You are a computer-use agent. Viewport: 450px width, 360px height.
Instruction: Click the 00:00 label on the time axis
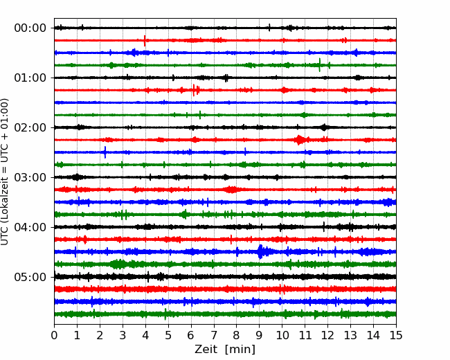[30, 28]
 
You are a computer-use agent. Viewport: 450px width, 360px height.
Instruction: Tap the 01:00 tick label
[30, 78]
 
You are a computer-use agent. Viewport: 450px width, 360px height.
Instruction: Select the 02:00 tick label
[30, 127]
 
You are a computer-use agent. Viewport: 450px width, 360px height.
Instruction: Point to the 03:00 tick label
[30, 177]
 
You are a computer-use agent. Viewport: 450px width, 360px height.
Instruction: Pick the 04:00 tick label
[30, 227]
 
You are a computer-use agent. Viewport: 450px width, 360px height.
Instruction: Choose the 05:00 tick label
[30, 277]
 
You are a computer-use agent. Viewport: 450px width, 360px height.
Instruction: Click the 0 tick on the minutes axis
[54, 335]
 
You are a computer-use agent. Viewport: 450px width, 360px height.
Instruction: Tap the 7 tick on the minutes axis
[214, 335]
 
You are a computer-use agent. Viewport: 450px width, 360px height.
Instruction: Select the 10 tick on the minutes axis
[282, 335]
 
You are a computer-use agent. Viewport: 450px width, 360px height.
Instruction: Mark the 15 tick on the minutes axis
[396, 335]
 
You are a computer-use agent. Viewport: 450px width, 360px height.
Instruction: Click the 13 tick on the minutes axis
[350, 335]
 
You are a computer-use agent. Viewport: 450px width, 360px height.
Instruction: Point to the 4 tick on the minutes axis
[145, 335]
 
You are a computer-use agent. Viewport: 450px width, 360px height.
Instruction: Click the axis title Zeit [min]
[225, 350]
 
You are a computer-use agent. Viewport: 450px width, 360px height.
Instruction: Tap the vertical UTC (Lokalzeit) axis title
[4, 172]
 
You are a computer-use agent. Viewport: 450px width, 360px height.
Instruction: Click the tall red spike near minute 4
[145, 40]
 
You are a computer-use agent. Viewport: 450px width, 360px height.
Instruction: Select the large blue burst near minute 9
[260, 252]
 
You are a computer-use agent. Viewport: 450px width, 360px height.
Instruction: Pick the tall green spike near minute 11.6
[320, 65]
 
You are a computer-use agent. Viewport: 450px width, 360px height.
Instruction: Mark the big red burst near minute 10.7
[300, 140]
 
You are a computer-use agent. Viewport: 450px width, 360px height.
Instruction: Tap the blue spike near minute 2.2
[105, 152]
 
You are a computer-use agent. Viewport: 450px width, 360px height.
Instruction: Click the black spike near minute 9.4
[269, 28]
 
